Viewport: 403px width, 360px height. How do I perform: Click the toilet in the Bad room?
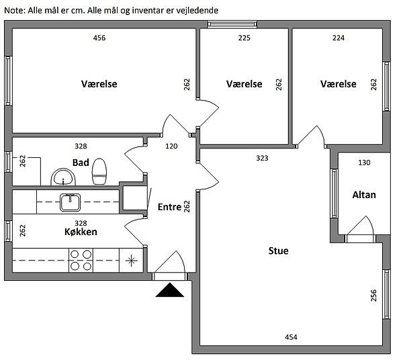[x=100, y=171]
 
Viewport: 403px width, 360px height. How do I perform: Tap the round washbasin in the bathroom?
[x=64, y=178]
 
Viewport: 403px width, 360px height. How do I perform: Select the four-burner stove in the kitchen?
[x=81, y=259]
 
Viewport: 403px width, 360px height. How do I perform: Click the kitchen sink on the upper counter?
[x=70, y=201]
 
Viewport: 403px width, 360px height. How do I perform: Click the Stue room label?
[x=278, y=251]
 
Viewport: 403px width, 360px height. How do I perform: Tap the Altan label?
[x=364, y=195]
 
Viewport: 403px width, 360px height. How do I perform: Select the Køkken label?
[x=81, y=232]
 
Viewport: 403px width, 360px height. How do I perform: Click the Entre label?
[x=169, y=207]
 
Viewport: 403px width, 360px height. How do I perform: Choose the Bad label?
[x=81, y=162]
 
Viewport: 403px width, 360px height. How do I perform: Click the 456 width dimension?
[x=99, y=38]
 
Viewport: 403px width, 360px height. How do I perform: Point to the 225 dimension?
[x=244, y=38]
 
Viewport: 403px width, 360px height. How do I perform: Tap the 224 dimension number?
[x=339, y=38]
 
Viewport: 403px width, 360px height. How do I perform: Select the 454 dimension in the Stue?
[x=292, y=337]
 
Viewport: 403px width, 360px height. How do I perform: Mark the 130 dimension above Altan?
[x=364, y=163]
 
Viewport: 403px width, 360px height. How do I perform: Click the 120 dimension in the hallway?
[x=171, y=146]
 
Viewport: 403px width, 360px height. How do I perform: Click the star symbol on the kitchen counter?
[x=131, y=260]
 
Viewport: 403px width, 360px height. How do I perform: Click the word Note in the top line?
[x=15, y=11]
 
